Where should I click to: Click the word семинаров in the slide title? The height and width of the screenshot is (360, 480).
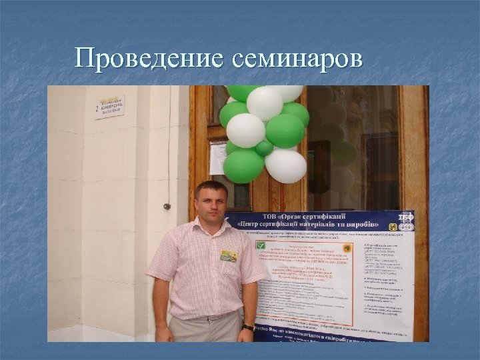pyautogui.click(x=298, y=59)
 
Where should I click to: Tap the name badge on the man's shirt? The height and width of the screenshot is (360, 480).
pyautogui.click(x=229, y=255)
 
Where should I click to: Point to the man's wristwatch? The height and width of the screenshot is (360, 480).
pyautogui.click(x=248, y=327)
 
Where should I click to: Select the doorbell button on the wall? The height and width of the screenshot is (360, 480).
pyautogui.click(x=167, y=207)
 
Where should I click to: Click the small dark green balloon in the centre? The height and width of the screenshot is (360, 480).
pyautogui.click(x=265, y=147)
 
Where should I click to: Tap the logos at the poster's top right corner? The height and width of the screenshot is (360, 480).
pyautogui.click(x=405, y=222)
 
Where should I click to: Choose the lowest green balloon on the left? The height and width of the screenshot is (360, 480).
pyautogui.click(x=243, y=165)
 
